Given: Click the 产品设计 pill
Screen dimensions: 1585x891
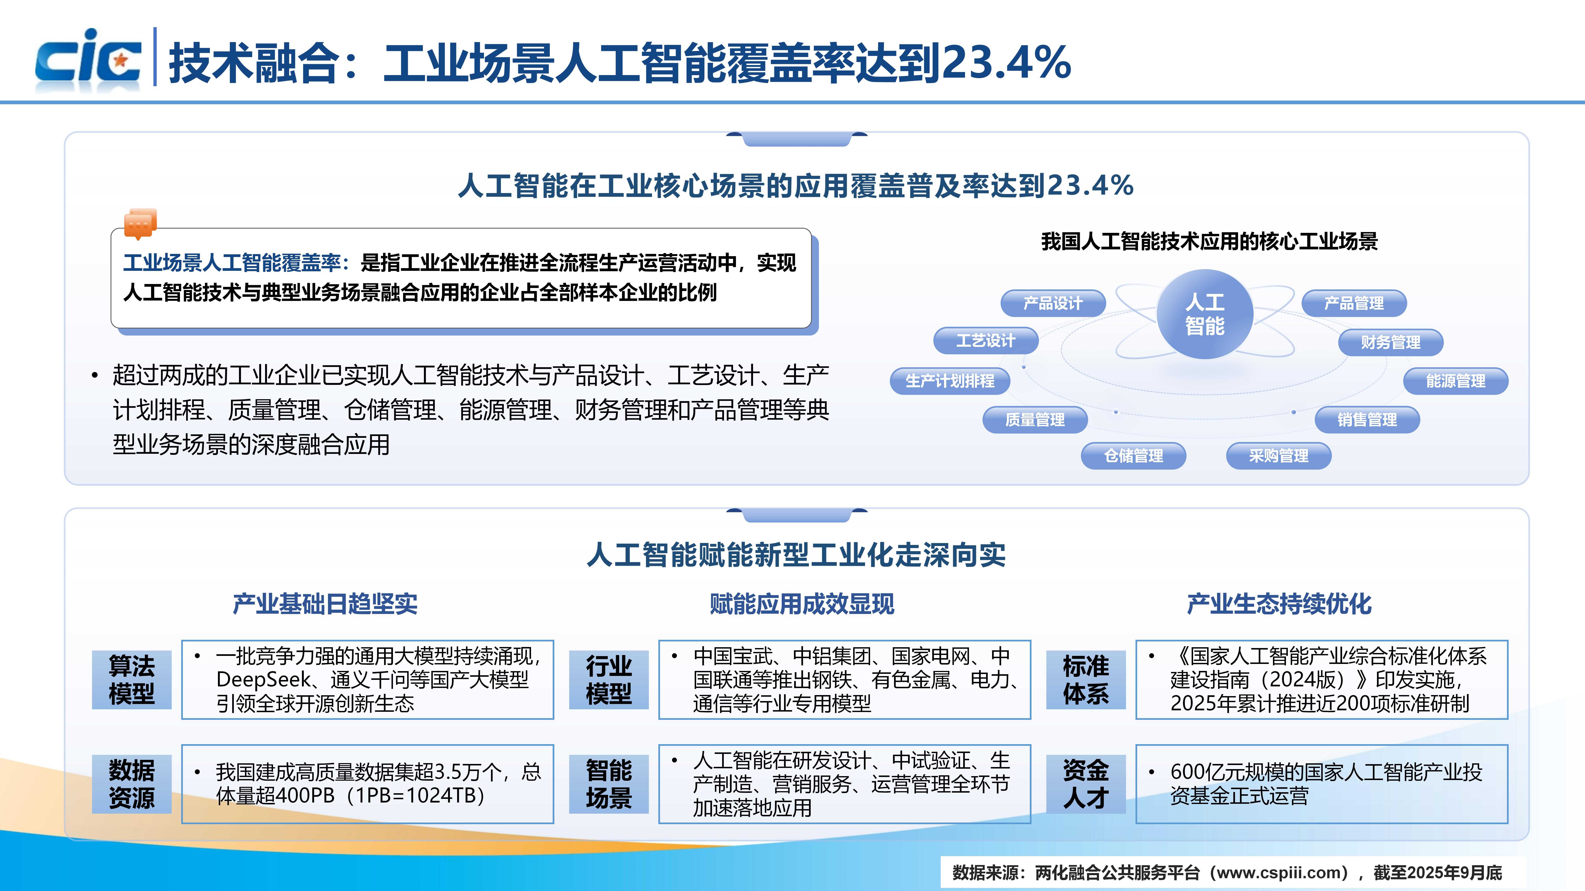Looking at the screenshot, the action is tap(1053, 303).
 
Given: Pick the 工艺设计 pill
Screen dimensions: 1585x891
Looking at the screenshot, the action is tap(986, 341).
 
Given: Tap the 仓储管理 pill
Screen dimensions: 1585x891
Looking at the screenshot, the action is tap(1133, 456).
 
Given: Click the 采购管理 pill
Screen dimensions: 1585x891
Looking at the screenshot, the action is tap(1279, 456).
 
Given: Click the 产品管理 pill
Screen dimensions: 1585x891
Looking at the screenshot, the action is tap(1354, 303).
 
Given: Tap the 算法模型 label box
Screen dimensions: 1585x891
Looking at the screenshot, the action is tap(132, 679).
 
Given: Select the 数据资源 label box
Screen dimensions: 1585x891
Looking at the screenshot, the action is tap(132, 784).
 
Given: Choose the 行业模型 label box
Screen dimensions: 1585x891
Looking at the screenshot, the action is tap(609, 679).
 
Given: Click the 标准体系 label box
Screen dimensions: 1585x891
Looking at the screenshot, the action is tap(1086, 679).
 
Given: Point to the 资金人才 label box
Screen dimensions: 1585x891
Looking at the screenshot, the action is tap(1086, 784).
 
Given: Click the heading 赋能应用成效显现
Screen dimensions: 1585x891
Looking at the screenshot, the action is tap(802, 604).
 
